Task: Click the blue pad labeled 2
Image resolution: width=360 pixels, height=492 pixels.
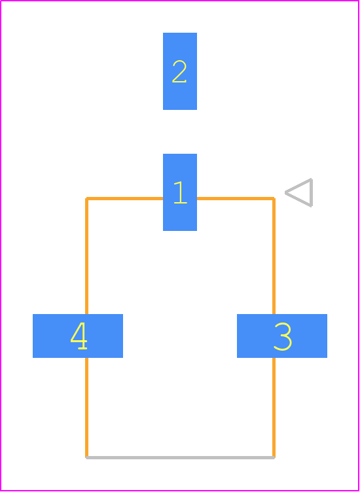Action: (180, 71)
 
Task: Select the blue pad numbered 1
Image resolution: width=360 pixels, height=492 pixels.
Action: (180, 192)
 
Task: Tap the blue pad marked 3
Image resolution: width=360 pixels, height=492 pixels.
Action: (282, 336)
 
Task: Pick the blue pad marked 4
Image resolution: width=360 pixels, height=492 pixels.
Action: (78, 336)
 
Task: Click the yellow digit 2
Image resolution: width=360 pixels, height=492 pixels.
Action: (179, 71)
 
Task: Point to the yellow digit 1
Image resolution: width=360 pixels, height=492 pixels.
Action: (181, 192)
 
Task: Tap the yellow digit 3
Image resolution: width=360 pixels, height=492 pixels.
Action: (283, 336)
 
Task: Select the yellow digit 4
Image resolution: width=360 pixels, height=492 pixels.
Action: (79, 336)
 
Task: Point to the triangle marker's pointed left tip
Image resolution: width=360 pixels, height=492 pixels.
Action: (285, 192)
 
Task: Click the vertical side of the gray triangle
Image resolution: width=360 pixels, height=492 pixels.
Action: (311, 192)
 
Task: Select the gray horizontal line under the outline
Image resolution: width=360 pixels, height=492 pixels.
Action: (180, 458)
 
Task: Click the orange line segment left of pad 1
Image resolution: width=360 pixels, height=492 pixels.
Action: (124, 198)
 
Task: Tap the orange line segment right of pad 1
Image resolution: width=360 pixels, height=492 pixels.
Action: (236, 198)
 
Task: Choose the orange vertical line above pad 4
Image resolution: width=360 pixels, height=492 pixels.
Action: (86, 256)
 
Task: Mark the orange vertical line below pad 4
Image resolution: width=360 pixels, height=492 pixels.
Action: (86, 408)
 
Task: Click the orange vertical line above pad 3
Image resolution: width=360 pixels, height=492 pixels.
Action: (274, 256)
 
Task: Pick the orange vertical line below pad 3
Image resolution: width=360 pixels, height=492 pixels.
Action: (274, 408)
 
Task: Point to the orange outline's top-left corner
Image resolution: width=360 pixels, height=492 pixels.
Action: (86, 198)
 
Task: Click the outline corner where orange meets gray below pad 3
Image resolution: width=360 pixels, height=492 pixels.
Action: (274, 458)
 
